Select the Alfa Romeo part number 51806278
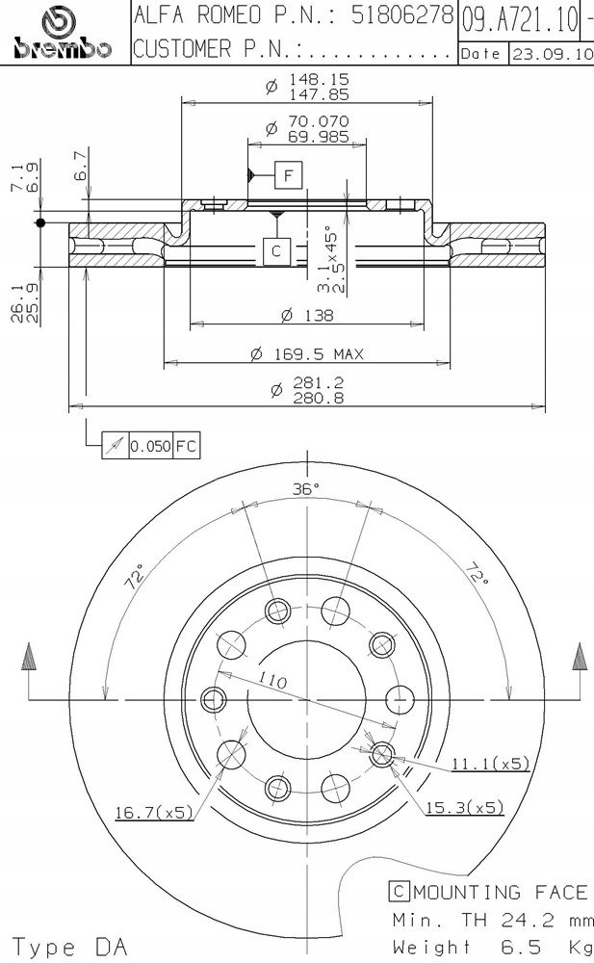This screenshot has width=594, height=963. click(401, 15)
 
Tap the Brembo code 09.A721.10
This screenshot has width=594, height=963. click(520, 20)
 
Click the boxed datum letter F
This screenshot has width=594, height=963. click(289, 175)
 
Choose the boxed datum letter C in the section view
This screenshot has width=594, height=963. click(275, 250)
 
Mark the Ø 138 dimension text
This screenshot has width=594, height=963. click(307, 315)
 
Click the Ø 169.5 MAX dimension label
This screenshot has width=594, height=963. click(307, 353)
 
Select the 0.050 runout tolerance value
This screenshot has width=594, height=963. click(150, 446)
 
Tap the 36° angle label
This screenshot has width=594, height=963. click(306, 489)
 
